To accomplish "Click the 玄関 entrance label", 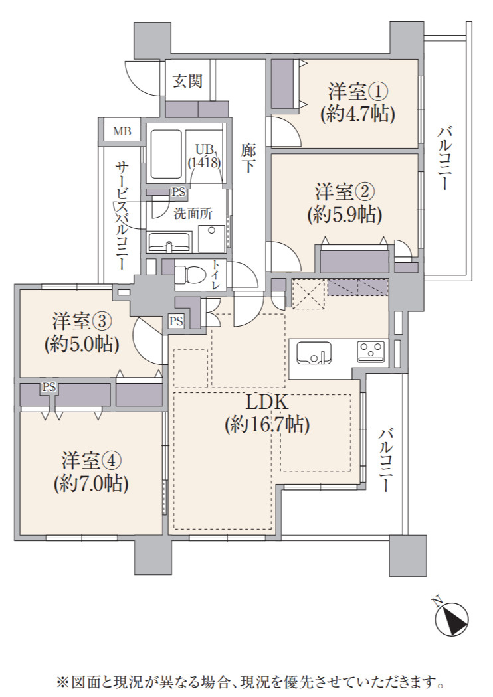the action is pos(188,82).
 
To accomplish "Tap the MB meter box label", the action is pos(122,131).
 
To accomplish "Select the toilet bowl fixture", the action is pos(188,274).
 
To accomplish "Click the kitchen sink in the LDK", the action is pos(314,353).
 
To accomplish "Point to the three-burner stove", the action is pos(370,351).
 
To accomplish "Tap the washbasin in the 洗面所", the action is pos(169,242).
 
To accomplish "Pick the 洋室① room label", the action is pos(357,92).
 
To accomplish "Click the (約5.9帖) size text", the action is pos(344,215).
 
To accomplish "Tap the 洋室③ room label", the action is pos(82,321).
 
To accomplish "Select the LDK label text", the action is pos(267,403).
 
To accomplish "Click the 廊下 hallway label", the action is pos(248,157).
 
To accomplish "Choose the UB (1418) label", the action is pos(204,156).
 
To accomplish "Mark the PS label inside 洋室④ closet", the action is pos(49,387).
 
